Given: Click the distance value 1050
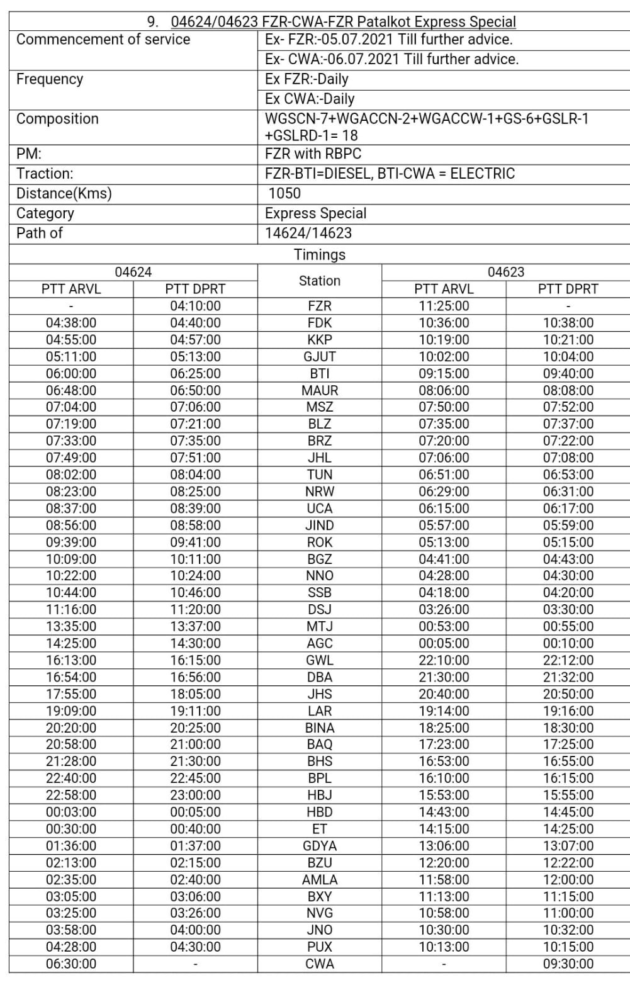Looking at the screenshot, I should coord(284,193).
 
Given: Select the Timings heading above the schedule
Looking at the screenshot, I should coord(320,255).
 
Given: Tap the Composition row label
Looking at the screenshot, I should coord(57,119).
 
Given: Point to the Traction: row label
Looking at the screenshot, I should coord(45,174).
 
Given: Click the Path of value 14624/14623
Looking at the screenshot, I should coord(308,233).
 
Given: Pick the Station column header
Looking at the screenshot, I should coord(320,281).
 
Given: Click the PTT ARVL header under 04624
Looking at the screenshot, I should coord(71,289).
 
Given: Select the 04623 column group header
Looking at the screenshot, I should coord(506,272).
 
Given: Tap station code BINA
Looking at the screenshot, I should coord(320,728).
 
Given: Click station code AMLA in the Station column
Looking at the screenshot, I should coord(320,879).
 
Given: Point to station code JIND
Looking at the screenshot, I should coord(320,525).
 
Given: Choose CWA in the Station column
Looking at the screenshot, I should coord(320,964).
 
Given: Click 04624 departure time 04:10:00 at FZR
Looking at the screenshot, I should coord(195,306).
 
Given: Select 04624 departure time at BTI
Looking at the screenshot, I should coord(195,373).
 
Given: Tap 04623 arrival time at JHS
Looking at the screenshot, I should coord(444,694).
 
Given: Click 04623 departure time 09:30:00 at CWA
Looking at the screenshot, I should coord(568,964).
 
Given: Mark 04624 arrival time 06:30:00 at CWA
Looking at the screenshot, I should coord(71,964).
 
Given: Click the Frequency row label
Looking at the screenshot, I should coord(50,79).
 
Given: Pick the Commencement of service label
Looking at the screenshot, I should coord(103,40).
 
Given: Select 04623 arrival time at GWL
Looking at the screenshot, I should coord(444,660).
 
